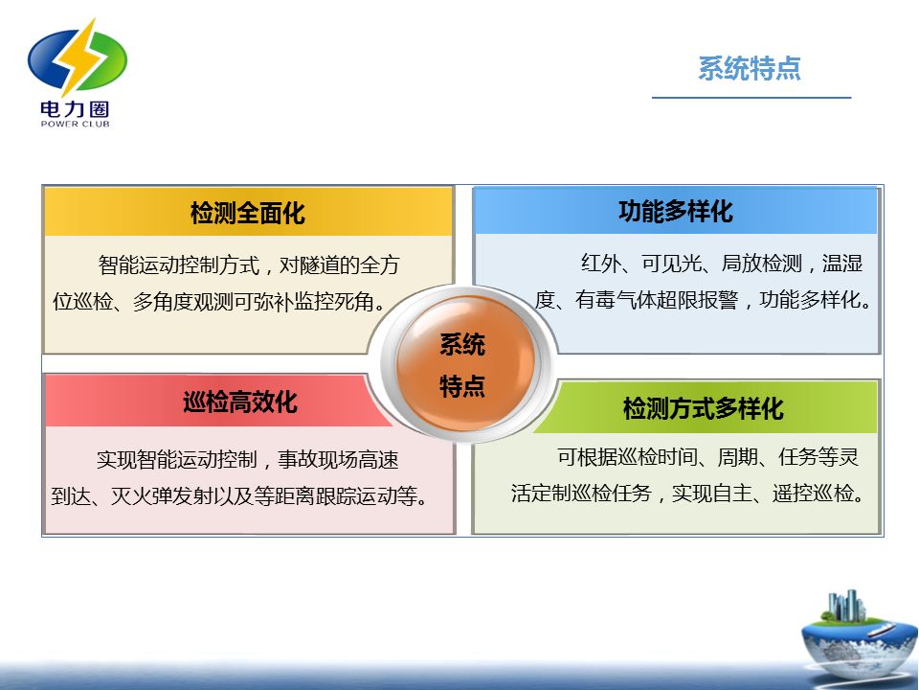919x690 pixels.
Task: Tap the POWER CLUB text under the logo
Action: [75, 124]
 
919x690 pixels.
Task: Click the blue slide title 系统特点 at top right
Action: [749, 68]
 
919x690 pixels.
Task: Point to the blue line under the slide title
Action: [751, 98]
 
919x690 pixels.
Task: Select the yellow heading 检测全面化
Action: [247, 213]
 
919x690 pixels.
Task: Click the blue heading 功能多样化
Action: [676, 211]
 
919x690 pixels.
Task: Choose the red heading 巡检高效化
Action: [240, 402]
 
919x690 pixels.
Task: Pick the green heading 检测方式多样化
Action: [704, 408]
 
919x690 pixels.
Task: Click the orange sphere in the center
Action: [465, 363]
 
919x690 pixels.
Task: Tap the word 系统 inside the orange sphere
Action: [462, 344]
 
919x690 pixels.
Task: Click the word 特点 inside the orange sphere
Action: [462, 386]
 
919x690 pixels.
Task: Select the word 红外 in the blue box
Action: [601, 264]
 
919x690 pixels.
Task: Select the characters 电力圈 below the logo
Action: [75, 109]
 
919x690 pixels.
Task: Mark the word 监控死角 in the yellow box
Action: [335, 302]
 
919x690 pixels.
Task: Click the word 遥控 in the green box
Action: [792, 494]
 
